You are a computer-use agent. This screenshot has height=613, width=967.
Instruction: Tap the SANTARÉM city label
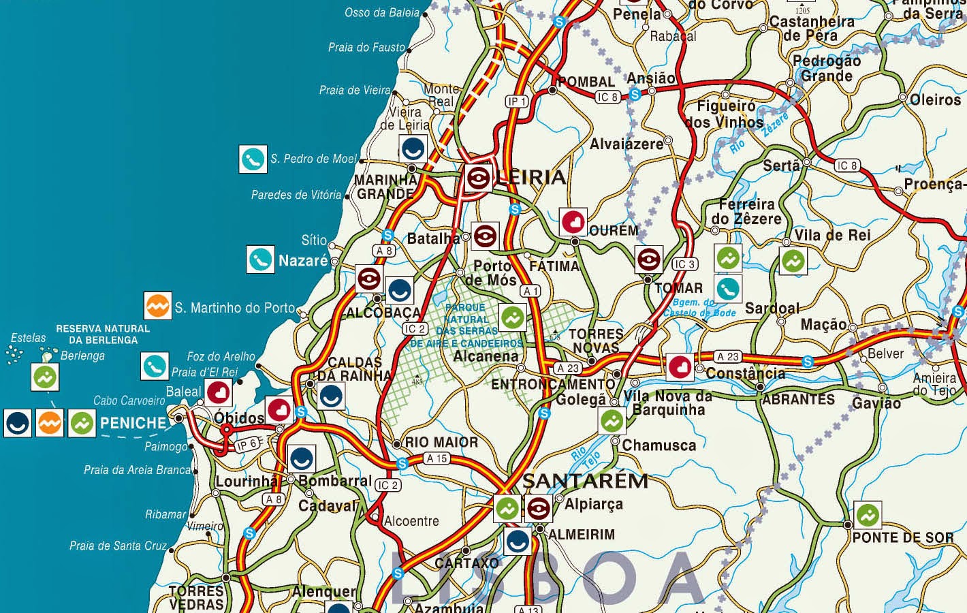click(586, 481)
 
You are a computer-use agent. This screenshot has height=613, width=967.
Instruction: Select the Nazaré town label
click(303, 261)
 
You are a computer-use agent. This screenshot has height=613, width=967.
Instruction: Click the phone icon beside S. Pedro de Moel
click(253, 159)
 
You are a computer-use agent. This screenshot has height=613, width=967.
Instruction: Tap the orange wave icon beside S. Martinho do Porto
click(158, 306)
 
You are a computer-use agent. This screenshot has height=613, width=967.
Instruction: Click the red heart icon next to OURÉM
click(573, 222)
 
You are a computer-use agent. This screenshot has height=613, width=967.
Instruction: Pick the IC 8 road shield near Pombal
click(607, 97)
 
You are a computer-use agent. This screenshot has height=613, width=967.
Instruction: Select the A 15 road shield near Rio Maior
click(437, 458)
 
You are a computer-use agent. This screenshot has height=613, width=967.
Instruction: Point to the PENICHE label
click(133, 423)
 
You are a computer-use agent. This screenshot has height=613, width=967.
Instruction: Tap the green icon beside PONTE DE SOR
click(867, 516)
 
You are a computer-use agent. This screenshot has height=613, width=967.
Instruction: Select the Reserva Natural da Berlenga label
click(103, 334)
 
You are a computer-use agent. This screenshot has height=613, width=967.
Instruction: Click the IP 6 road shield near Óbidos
click(247, 445)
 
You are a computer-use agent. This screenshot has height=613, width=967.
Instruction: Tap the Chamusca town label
click(659, 446)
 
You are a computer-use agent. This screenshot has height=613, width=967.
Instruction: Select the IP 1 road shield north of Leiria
click(517, 101)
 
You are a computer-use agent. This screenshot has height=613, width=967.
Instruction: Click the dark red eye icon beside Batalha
click(485, 236)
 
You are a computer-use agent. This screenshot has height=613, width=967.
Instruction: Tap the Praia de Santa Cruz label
click(118, 546)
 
